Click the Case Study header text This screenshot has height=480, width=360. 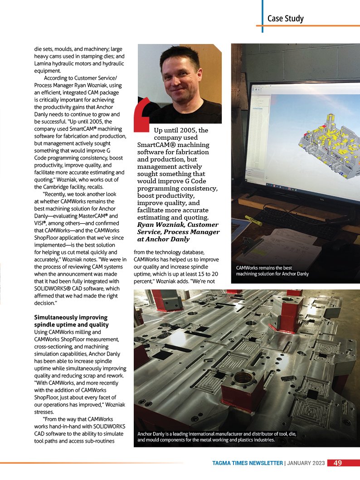click(285, 19)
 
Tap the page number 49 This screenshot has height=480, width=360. click(337, 463)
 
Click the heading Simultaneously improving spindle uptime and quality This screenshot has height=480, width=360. click(71, 321)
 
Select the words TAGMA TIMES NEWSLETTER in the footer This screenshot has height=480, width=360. click(248, 463)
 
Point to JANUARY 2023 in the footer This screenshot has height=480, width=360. click(306, 463)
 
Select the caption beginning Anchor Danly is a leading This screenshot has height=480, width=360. click(217, 436)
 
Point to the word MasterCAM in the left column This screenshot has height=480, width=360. click(94, 216)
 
